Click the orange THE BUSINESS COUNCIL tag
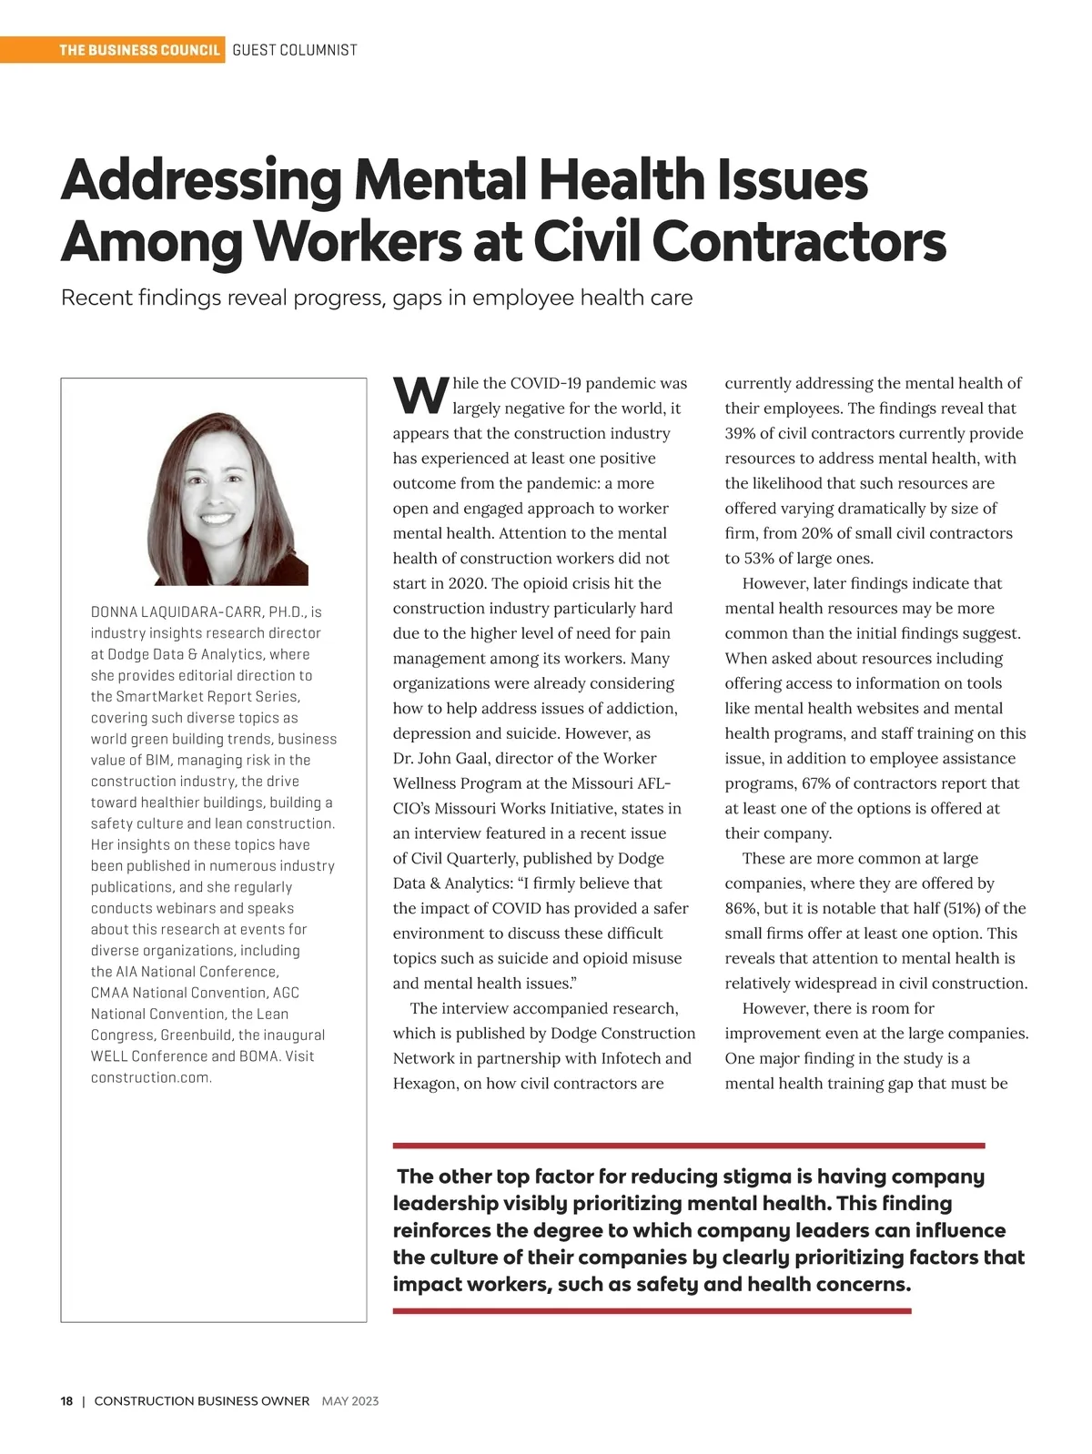pyautogui.click(x=139, y=50)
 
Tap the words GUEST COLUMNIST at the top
pyautogui.click(x=295, y=50)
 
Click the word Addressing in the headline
pyautogui.click(x=201, y=181)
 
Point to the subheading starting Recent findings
pyautogui.click(x=376, y=298)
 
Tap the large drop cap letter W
pyautogui.click(x=420, y=395)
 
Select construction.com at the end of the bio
pyautogui.click(x=151, y=1077)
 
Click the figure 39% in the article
pyautogui.click(x=742, y=433)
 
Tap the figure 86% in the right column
pyautogui.click(x=742, y=908)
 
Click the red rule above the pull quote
pyautogui.click(x=688, y=1146)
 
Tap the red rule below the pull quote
pyautogui.click(x=652, y=1311)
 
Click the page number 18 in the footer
pyautogui.click(x=66, y=1401)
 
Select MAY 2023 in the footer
pyautogui.click(x=350, y=1401)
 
